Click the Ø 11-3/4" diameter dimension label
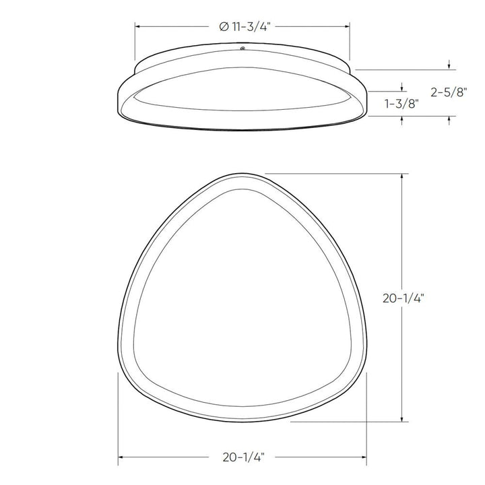point(244,28)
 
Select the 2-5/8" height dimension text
point(447,93)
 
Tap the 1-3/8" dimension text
point(402,104)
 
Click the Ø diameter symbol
point(224,28)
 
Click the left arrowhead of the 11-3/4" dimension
point(139,28)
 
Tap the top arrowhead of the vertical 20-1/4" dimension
point(403,176)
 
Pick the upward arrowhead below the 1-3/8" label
point(402,119)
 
